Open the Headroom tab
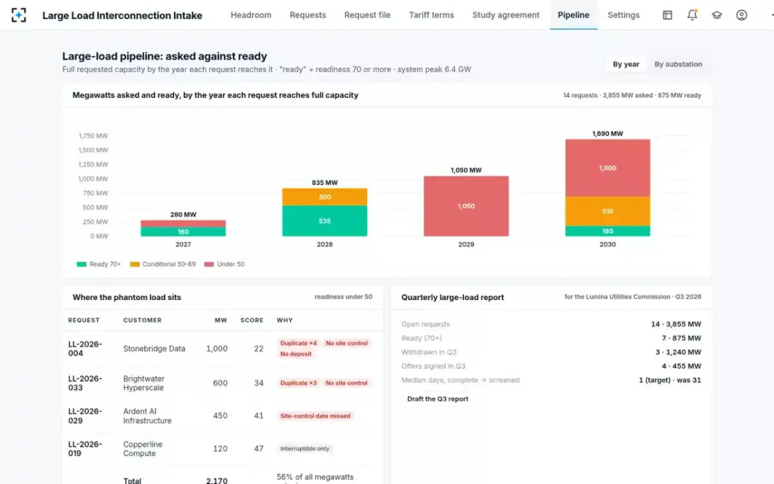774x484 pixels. click(251, 15)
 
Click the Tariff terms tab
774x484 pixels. click(432, 15)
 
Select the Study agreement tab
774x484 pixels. click(506, 15)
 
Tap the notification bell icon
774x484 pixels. click(692, 15)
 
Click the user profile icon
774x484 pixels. click(742, 15)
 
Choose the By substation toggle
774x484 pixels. click(678, 65)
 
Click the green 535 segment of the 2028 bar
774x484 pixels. click(324, 221)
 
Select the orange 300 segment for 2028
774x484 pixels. click(324, 197)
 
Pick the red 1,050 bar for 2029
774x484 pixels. click(466, 206)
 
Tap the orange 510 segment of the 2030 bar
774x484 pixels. click(608, 211)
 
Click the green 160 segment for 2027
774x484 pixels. click(183, 232)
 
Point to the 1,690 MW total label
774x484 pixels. click(608, 134)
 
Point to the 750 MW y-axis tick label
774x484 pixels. click(95, 193)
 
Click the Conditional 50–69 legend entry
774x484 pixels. click(163, 264)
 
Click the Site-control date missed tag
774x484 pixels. click(315, 416)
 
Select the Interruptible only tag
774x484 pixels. click(304, 449)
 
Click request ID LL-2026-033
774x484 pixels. click(85, 383)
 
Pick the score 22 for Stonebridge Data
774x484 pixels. click(259, 349)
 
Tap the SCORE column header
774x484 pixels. click(252, 321)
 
